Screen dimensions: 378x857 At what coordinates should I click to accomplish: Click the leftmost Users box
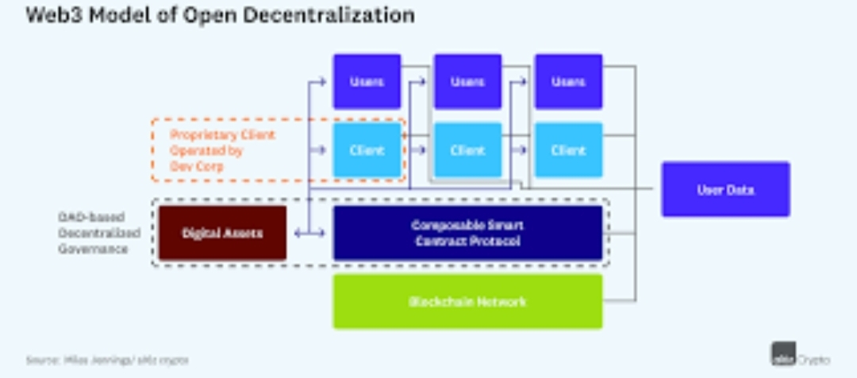pyautogui.click(x=367, y=82)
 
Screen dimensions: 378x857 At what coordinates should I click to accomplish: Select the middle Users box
pyautogui.click(x=467, y=82)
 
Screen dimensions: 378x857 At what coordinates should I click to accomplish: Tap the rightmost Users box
pyautogui.click(x=568, y=82)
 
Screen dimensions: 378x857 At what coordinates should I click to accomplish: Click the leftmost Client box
pyautogui.click(x=367, y=150)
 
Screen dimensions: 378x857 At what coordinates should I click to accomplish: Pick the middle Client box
pyautogui.click(x=467, y=150)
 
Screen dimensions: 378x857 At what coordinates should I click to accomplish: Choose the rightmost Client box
pyautogui.click(x=568, y=150)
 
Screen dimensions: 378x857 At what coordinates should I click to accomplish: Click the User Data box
pyautogui.click(x=725, y=190)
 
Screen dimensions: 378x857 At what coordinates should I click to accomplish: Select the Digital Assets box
pyautogui.click(x=222, y=233)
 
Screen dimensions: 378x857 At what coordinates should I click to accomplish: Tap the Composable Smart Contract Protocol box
pyautogui.click(x=467, y=233)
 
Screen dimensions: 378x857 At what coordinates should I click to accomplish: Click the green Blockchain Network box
pyautogui.click(x=467, y=302)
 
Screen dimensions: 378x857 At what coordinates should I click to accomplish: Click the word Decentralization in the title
pyautogui.click(x=339, y=15)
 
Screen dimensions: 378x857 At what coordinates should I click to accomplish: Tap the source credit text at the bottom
pyautogui.click(x=107, y=360)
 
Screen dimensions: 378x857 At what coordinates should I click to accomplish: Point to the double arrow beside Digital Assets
pyautogui.click(x=309, y=233)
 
